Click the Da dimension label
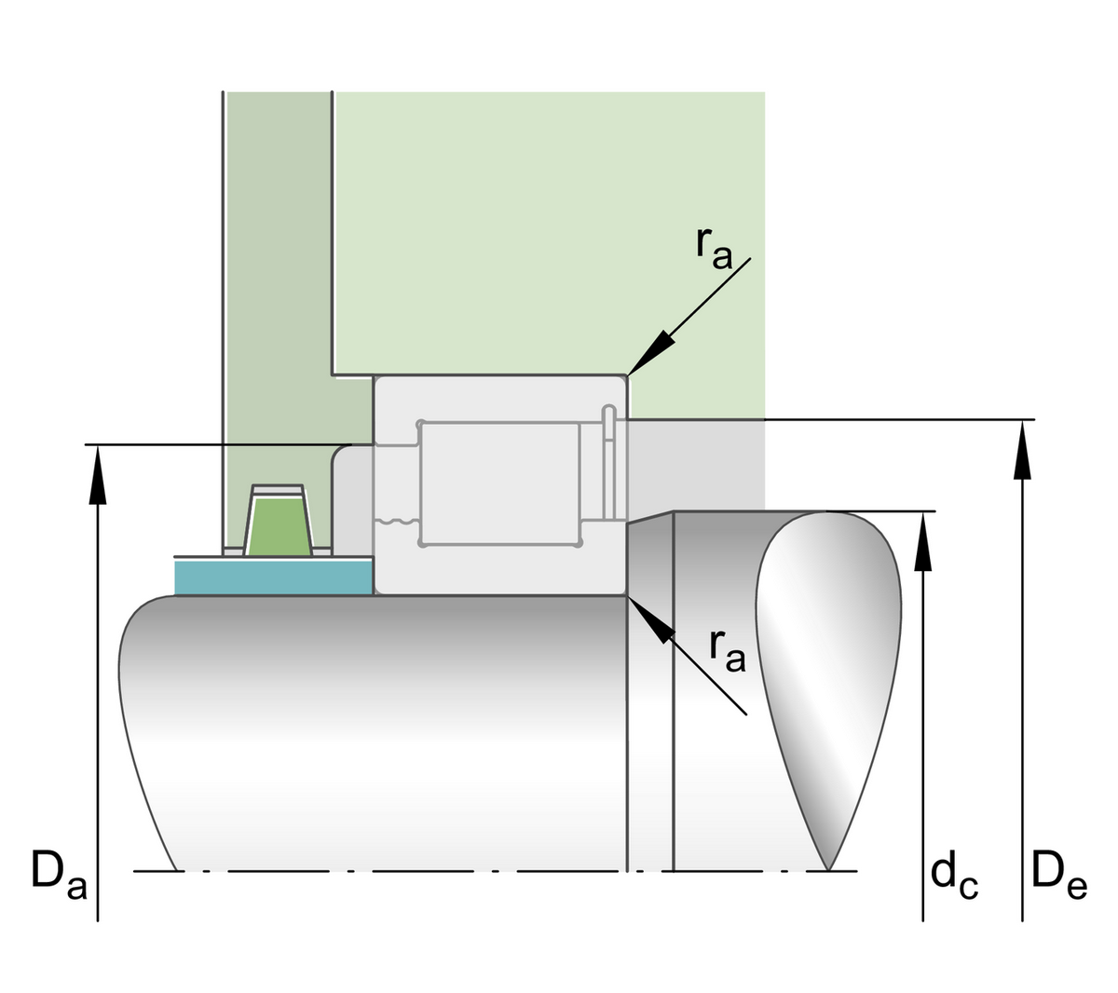58,873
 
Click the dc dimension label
953,876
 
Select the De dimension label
1058,876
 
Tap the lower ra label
727,648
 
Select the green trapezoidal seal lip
278,526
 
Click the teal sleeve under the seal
273,577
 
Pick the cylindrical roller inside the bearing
500,482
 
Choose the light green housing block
550,233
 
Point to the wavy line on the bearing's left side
395,522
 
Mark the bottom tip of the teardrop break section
828,867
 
